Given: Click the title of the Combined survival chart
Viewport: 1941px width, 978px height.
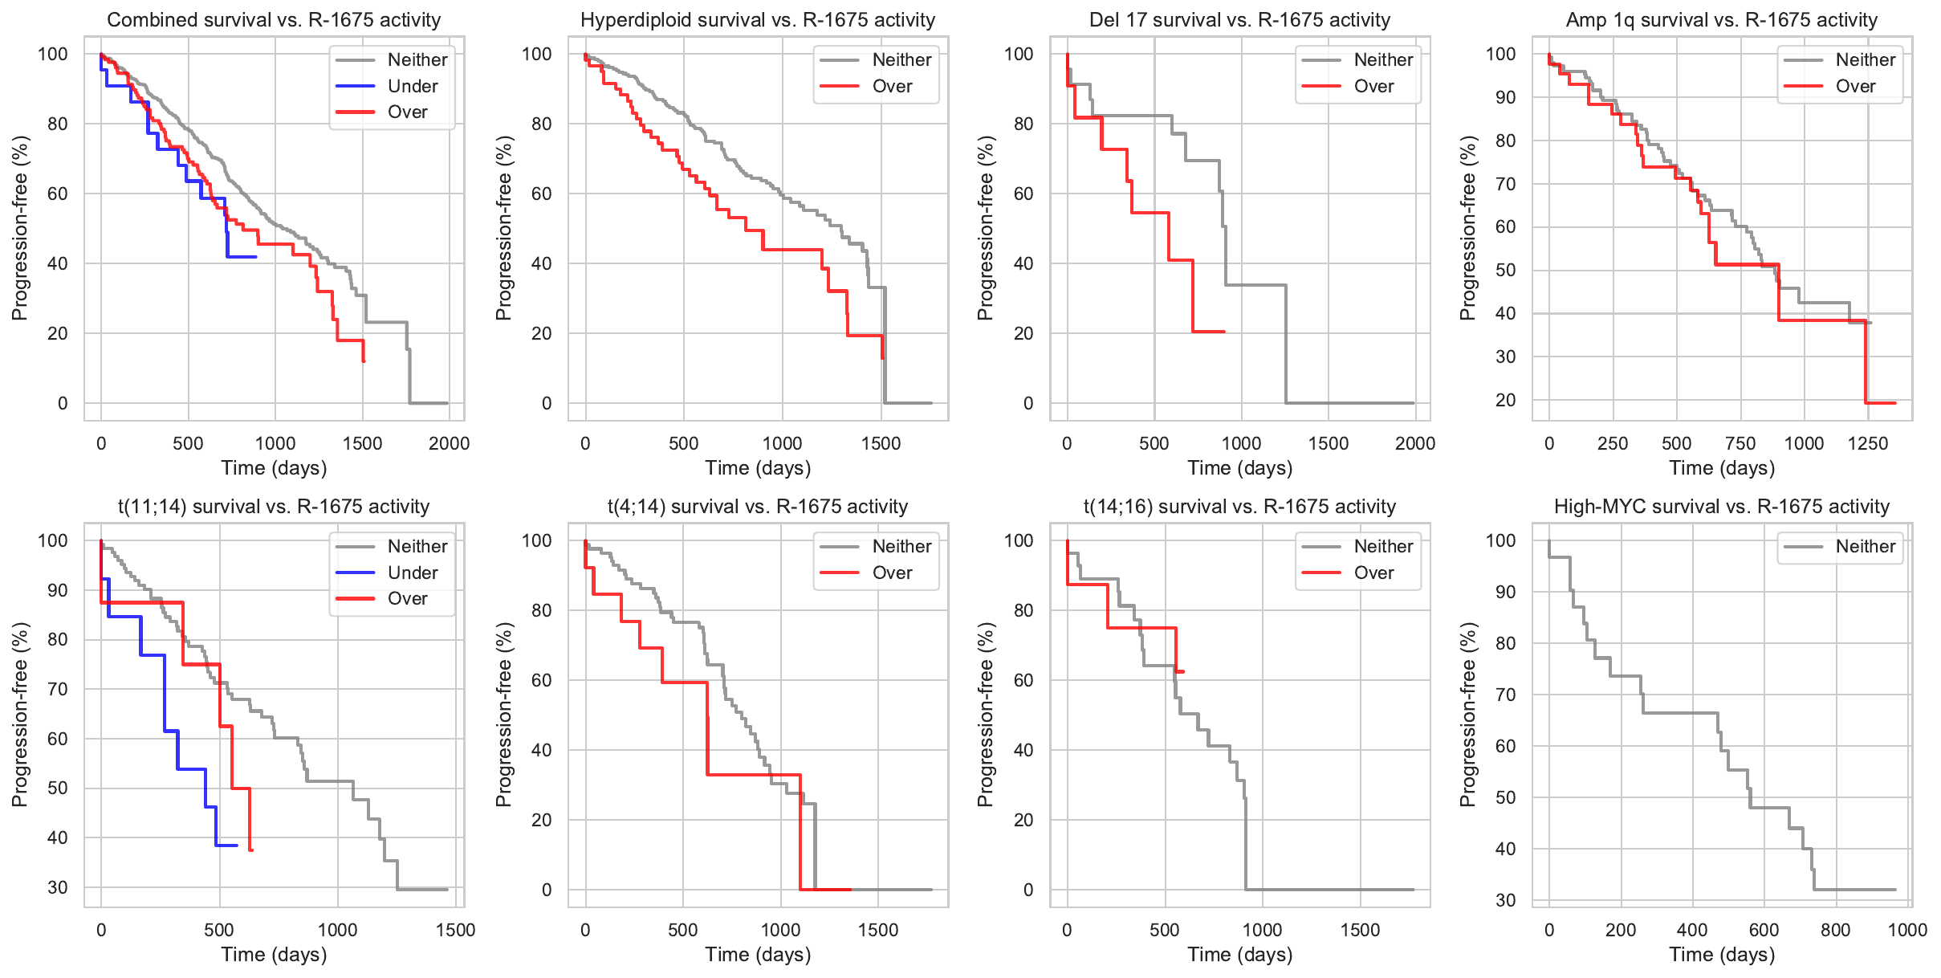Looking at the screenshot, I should click(x=274, y=20).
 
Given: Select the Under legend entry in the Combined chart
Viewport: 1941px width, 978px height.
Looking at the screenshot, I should click(x=412, y=86).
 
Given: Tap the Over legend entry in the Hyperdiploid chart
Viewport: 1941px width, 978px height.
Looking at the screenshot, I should click(x=892, y=86).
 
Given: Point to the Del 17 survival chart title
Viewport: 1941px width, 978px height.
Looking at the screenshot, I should click(x=1239, y=20).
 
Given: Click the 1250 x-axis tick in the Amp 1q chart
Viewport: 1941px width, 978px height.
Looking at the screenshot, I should click(x=1867, y=443).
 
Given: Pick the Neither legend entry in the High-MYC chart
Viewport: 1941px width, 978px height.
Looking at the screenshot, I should click(x=1865, y=547).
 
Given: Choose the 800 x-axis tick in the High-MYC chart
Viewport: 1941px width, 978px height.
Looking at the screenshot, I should click(x=1835, y=930).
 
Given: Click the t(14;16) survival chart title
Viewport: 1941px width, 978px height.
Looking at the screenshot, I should click(x=1239, y=507).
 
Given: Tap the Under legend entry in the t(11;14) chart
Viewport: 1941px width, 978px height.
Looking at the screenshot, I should click(x=412, y=573).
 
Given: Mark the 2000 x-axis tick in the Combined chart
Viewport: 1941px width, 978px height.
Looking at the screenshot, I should click(x=449, y=443).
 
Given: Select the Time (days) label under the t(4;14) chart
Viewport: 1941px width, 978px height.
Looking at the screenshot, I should click(x=758, y=955).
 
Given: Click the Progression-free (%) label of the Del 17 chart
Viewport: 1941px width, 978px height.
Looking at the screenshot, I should click(x=986, y=228).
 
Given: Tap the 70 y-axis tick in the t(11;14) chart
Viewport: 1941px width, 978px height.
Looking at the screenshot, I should click(x=58, y=689).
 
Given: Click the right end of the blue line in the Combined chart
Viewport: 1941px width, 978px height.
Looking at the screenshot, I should click(x=256, y=257).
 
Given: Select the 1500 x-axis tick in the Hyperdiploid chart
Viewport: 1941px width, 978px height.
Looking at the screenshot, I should click(x=881, y=443).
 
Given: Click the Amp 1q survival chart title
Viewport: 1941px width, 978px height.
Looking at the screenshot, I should click(x=1721, y=20).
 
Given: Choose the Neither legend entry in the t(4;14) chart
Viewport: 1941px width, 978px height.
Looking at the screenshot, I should click(x=901, y=547).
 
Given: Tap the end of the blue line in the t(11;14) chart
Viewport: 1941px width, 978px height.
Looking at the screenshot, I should click(x=237, y=846).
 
